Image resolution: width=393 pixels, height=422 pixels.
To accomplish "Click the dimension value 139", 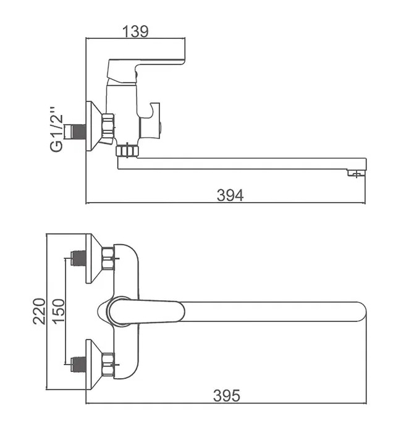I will tap(136, 31).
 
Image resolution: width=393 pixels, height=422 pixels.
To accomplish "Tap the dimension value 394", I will tap(230, 195).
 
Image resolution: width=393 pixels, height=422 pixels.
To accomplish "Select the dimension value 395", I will tap(226, 395).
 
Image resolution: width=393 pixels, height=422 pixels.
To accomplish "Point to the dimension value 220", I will tap(38, 313).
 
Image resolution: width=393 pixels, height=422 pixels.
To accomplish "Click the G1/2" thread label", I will tap(57, 130).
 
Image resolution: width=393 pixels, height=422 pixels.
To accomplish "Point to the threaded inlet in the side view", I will tap(77, 130).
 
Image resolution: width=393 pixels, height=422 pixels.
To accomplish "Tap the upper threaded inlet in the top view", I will tap(78, 258).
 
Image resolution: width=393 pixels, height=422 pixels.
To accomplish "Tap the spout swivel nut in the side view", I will tap(126, 150).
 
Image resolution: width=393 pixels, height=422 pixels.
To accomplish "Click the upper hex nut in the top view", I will tap(108, 258).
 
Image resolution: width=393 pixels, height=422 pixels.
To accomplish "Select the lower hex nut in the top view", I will tap(108, 365).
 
